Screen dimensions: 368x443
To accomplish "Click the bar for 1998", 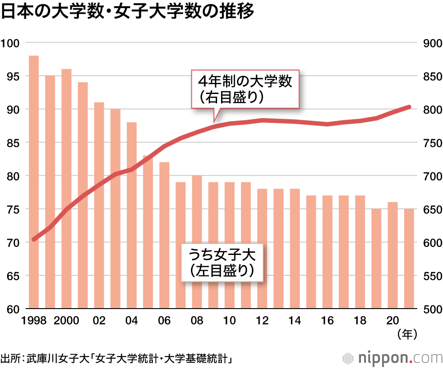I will click(34, 182).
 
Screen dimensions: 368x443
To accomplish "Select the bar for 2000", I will click(66, 188).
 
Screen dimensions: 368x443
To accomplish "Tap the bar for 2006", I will click(164, 235).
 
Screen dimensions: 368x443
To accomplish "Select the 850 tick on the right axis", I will click(429, 76).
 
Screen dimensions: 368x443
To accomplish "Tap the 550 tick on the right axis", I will click(429, 276).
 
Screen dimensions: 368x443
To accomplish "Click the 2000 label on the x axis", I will click(66, 321).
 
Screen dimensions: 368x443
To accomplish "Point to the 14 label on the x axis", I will click(295, 321).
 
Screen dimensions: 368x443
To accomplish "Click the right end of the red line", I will click(409, 107).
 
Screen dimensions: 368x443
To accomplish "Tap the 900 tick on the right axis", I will click(429, 43).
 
